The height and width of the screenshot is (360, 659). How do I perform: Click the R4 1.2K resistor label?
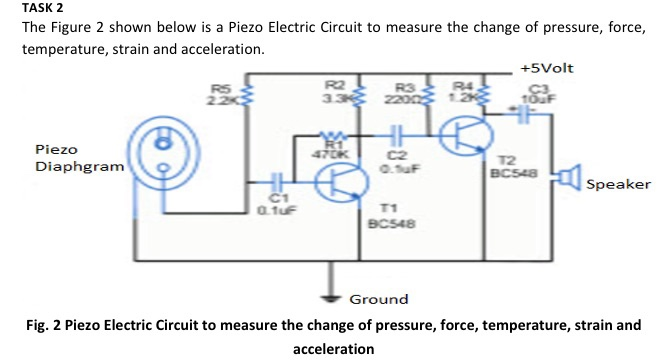click(x=461, y=93)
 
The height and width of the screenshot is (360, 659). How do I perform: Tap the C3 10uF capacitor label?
click(x=539, y=94)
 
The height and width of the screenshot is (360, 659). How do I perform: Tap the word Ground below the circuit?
click(x=379, y=299)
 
